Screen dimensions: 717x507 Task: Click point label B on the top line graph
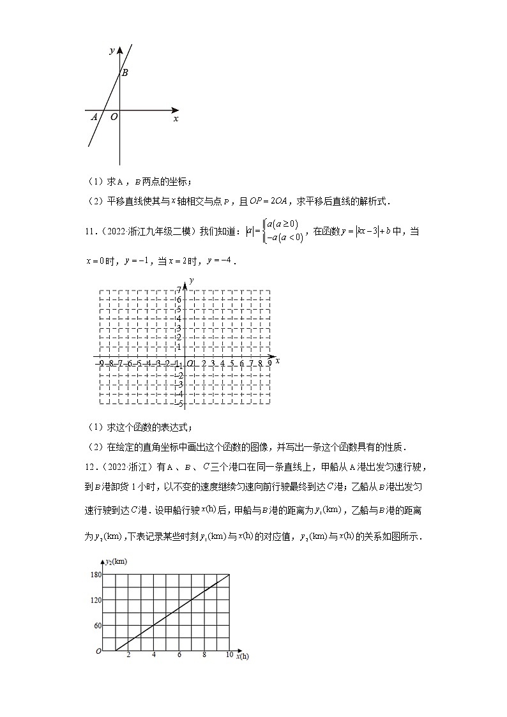pos(125,73)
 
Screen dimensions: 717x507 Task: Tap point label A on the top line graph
pos(95,117)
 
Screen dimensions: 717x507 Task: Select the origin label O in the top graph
pos(114,117)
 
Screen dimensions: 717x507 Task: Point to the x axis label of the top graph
pos(176,119)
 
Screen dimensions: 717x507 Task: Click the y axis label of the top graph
pos(112,50)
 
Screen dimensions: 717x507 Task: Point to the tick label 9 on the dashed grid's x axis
pos(269,363)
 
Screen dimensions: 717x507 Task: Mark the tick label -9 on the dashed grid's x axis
pos(101,363)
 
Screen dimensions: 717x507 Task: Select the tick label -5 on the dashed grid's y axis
pos(179,404)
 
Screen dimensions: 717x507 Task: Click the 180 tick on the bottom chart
pos(96,575)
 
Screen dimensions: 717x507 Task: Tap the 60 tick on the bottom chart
pos(98,626)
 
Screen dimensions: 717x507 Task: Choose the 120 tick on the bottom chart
pos(96,600)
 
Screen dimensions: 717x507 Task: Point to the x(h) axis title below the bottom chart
pos(242,656)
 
